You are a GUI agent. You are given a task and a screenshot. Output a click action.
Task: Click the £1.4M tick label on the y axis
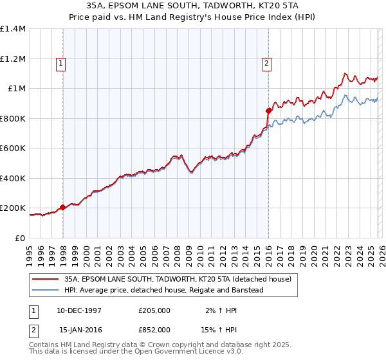pos(13,29)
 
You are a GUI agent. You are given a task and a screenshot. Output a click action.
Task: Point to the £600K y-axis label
pos(13,148)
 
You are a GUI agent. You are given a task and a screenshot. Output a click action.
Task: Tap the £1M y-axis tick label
pos(16,89)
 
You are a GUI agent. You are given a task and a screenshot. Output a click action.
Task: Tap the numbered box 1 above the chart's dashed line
pos(60,63)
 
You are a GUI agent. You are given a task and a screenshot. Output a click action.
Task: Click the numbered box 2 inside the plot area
pos(266,63)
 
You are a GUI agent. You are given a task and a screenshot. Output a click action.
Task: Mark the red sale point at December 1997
pos(62,208)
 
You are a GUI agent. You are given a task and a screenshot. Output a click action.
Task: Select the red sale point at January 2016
pos(268,111)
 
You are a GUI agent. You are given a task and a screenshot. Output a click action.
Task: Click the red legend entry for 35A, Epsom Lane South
pos(178,280)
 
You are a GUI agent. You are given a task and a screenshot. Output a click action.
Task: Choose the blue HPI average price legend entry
pos(164,291)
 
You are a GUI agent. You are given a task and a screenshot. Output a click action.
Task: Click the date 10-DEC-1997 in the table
pos(80,310)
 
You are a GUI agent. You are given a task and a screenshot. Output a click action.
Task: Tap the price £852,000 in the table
pos(154,329)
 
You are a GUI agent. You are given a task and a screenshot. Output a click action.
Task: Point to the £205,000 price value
pos(154,310)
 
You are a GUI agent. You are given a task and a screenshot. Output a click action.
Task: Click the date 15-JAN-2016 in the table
pos(80,329)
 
